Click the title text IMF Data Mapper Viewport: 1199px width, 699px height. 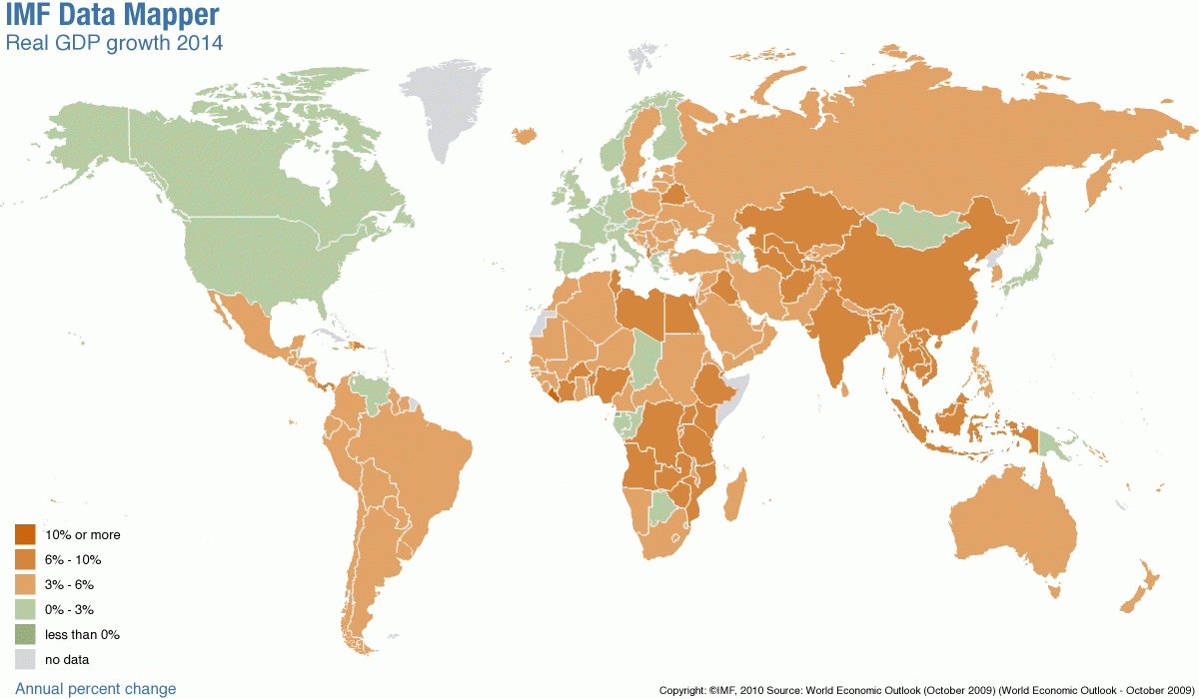[112, 16]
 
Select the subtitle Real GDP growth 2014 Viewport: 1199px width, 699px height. [114, 43]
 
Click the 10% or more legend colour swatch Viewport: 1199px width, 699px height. [25, 535]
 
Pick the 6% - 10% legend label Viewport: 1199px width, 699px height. [73, 560]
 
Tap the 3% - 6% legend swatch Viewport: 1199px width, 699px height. [25, 584]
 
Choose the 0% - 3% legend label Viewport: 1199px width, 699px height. [70, 609]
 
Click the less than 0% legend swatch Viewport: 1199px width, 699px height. [25, 634]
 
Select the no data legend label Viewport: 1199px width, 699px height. [67, 659]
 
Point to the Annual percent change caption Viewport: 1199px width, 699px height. [96, 688]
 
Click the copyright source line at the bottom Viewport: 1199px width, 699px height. [926, 690]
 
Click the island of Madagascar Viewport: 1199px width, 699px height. [734, 496]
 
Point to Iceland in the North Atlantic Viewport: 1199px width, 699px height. [523, 135]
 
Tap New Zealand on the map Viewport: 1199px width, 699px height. [1139, 594]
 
